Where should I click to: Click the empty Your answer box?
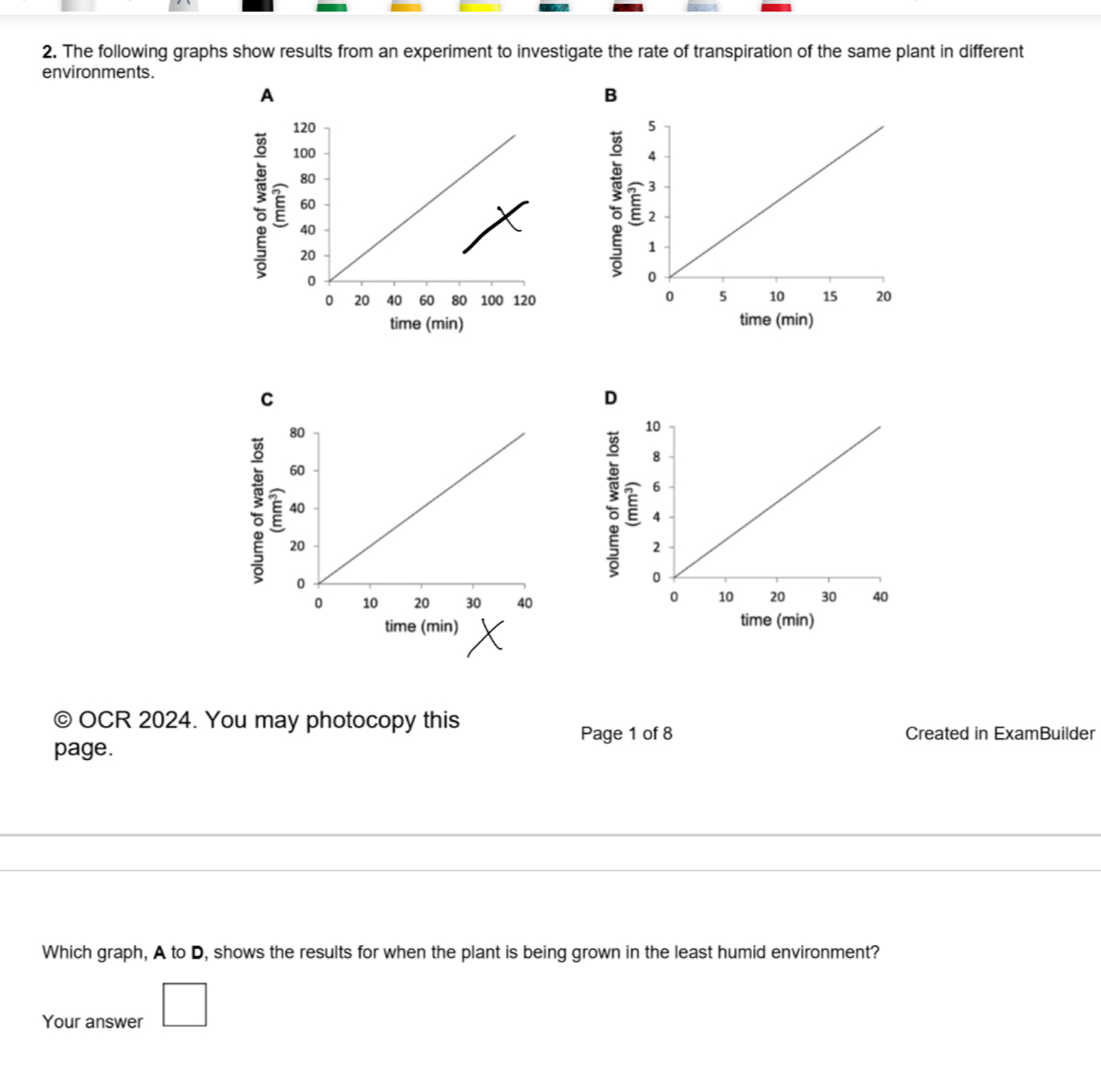tap(184, 1004)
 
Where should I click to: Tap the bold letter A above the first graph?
tap(266, 95)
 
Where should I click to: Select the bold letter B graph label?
tap(611, 95)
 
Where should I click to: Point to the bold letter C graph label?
tap(266, 399)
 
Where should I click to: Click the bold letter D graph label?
tap(611, 397)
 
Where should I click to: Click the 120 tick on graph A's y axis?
tap(304, 128)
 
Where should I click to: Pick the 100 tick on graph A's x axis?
tap(491, 300)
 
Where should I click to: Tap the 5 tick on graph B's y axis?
tap(652, 125)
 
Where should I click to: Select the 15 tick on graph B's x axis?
tap(829, 297)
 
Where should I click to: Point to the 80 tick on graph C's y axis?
tap(297, 432)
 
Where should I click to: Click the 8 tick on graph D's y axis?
tap(655, 456)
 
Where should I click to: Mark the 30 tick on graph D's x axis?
tap(828, 597)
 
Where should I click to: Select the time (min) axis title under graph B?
tap(776, 320)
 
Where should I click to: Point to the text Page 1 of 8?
tap(626, 734)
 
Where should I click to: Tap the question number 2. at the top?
tap(50, 51)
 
